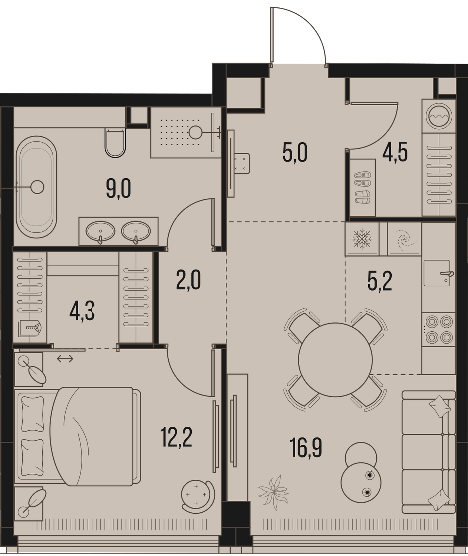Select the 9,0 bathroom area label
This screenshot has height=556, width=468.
point(118,188)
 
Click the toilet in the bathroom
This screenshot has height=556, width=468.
point(115,143)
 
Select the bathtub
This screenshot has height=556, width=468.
point(36,187)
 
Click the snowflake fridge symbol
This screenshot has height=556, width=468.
point(362,239)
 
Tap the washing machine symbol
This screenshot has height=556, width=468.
point(439,116)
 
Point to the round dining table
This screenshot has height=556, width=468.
point(335,360)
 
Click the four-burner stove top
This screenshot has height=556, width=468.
point(438,330)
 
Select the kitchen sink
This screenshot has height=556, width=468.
point(437,273)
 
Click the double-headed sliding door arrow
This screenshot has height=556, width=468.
point(65,359)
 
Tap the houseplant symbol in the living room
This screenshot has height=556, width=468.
point(273,489)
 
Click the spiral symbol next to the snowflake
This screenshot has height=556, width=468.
point(404,239)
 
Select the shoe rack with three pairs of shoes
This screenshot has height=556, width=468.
point(363,188)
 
